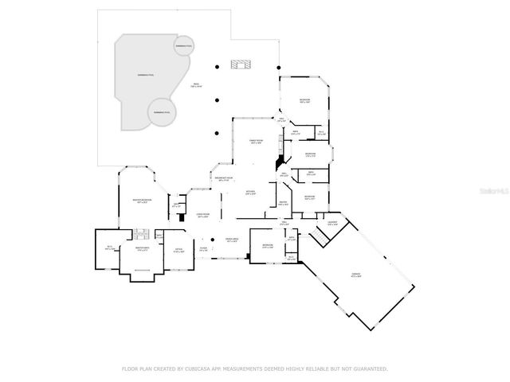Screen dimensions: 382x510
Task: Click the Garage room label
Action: click(x=355, y=275)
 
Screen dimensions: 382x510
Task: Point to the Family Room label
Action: click(x=255, y=142)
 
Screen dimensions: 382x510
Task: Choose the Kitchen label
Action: click(x=250, y=193)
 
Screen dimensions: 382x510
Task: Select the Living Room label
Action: click(x=203, y=216)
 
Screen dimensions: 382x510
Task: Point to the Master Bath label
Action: click(x=144, y=250)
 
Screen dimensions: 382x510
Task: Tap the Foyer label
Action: click(x=203, y=250)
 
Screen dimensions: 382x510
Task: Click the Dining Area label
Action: click(x=232, y=240)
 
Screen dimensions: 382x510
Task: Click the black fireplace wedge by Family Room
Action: click(x=278, y=160)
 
